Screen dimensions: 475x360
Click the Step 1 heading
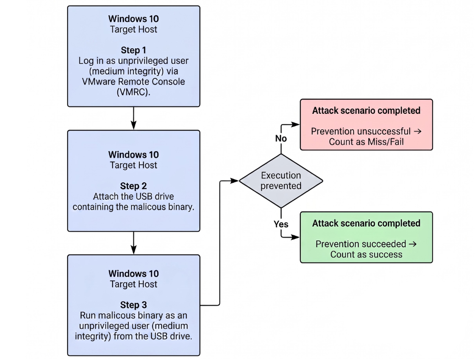click(x=133, y=50)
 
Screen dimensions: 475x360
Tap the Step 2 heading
click(x=133, y=186)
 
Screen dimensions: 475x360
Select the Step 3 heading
click(x=133, y=305)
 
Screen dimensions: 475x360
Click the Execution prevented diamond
click(x=281, y=181)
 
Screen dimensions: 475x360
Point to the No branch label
click(x=281, y=138)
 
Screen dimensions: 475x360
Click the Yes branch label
click(x=281, y=224)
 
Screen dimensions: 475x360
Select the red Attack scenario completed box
click(x=366, y=125)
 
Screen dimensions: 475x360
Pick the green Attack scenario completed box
click(x=366, y=237)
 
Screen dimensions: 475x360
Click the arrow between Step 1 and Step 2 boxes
click(x=133, y=118)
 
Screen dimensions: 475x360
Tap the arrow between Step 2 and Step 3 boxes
click(x=133, y=243)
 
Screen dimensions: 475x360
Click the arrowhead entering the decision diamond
click(x=235, y=181)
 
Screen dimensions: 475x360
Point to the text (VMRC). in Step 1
click(x=133, y=92)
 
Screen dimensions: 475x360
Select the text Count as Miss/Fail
click(x=366, y=142)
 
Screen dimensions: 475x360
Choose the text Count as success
click(x=366, y=254)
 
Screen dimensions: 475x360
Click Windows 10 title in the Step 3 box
click(x=133, y=274)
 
